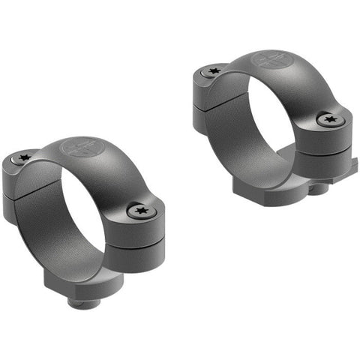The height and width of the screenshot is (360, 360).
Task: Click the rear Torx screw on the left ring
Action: click(x=22, y=158)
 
